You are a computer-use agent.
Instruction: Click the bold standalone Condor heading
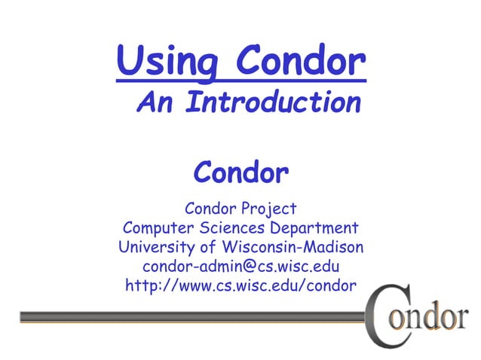click(x=240, y=172)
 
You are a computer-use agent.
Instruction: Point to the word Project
click(x=269, y=209)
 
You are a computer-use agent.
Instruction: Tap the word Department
click(x=311, y=228)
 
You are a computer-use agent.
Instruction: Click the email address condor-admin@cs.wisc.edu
click(x=240, y=267)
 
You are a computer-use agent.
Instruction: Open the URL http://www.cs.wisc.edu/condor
click(x=240, y=286)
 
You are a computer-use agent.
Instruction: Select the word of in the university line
click(x=209, y=247)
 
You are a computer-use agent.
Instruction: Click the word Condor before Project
click(x=211, y=209)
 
